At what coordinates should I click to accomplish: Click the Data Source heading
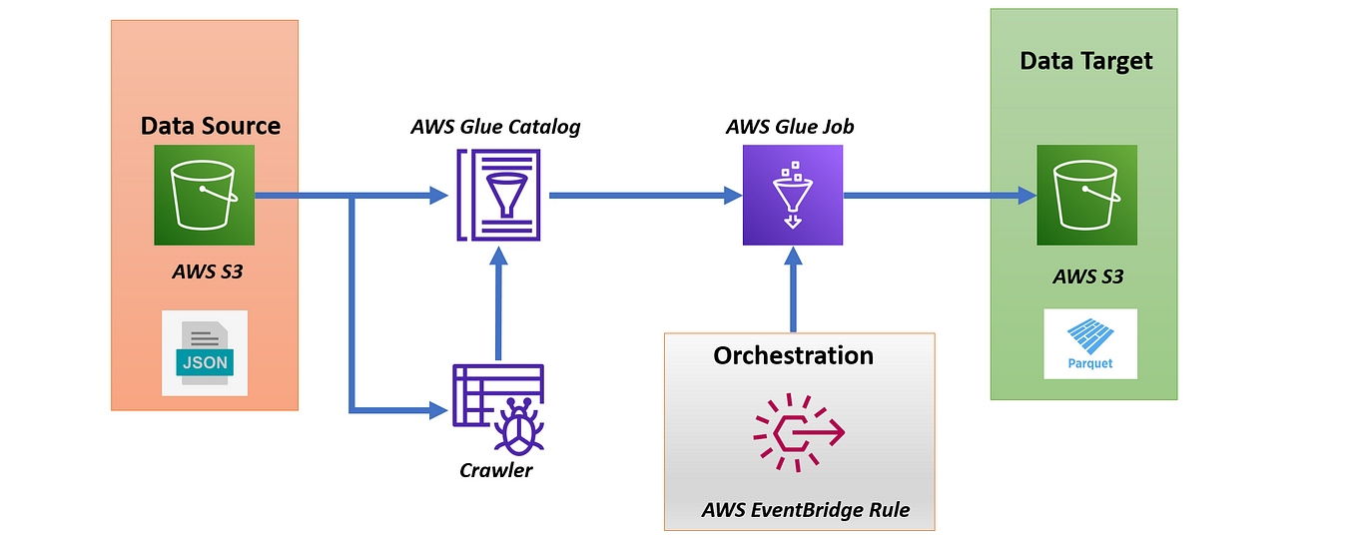tap(211, 126)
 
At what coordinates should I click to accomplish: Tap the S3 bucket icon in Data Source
tap(204, 195)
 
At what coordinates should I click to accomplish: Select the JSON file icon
tap(205, 352)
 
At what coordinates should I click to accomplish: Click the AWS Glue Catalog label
tap(495, 127)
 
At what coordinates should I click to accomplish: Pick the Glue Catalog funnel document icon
tap(497, 195)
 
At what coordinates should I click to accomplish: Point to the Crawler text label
tap(496, 469)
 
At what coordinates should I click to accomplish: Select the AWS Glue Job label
tap(790, 127)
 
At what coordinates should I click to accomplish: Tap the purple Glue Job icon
tap(792, 195)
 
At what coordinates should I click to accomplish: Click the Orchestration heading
tap(793, 355)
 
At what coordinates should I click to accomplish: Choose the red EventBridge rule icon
tap(799, 432)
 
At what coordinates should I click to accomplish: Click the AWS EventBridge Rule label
tap(806, 510)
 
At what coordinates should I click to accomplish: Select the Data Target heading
tap(1085, 61)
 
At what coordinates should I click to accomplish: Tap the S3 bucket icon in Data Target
tap(1086, 195)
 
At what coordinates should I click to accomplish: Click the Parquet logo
tap(1090, 343)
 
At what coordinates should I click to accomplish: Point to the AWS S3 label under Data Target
tap(1087, 276)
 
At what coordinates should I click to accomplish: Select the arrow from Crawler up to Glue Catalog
tap(497, 304)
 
